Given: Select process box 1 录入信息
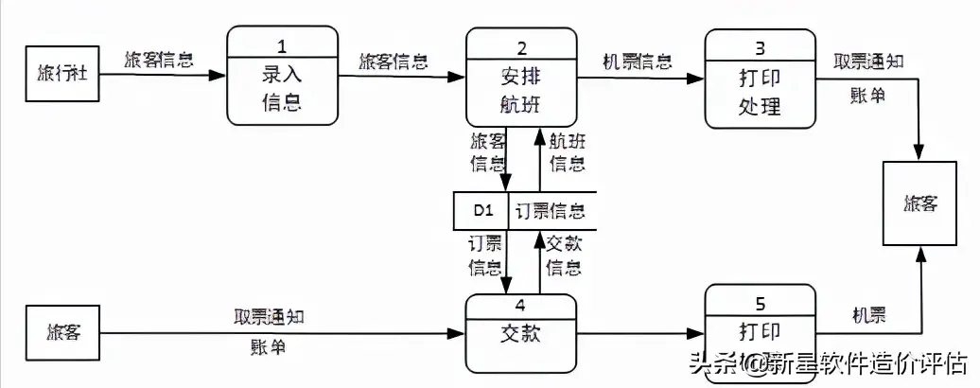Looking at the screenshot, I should click(x=283, y=76).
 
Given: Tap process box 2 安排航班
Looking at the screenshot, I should click(x=521, y=77).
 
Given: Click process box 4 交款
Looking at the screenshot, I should click(x=521, y=333).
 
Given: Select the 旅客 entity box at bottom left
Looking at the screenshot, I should click(x=61, y=332).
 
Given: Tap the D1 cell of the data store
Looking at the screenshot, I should click(x=481, y=210).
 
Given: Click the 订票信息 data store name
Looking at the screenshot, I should click(x=550, y=210).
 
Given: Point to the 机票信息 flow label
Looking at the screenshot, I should click(x=638, y=62).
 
